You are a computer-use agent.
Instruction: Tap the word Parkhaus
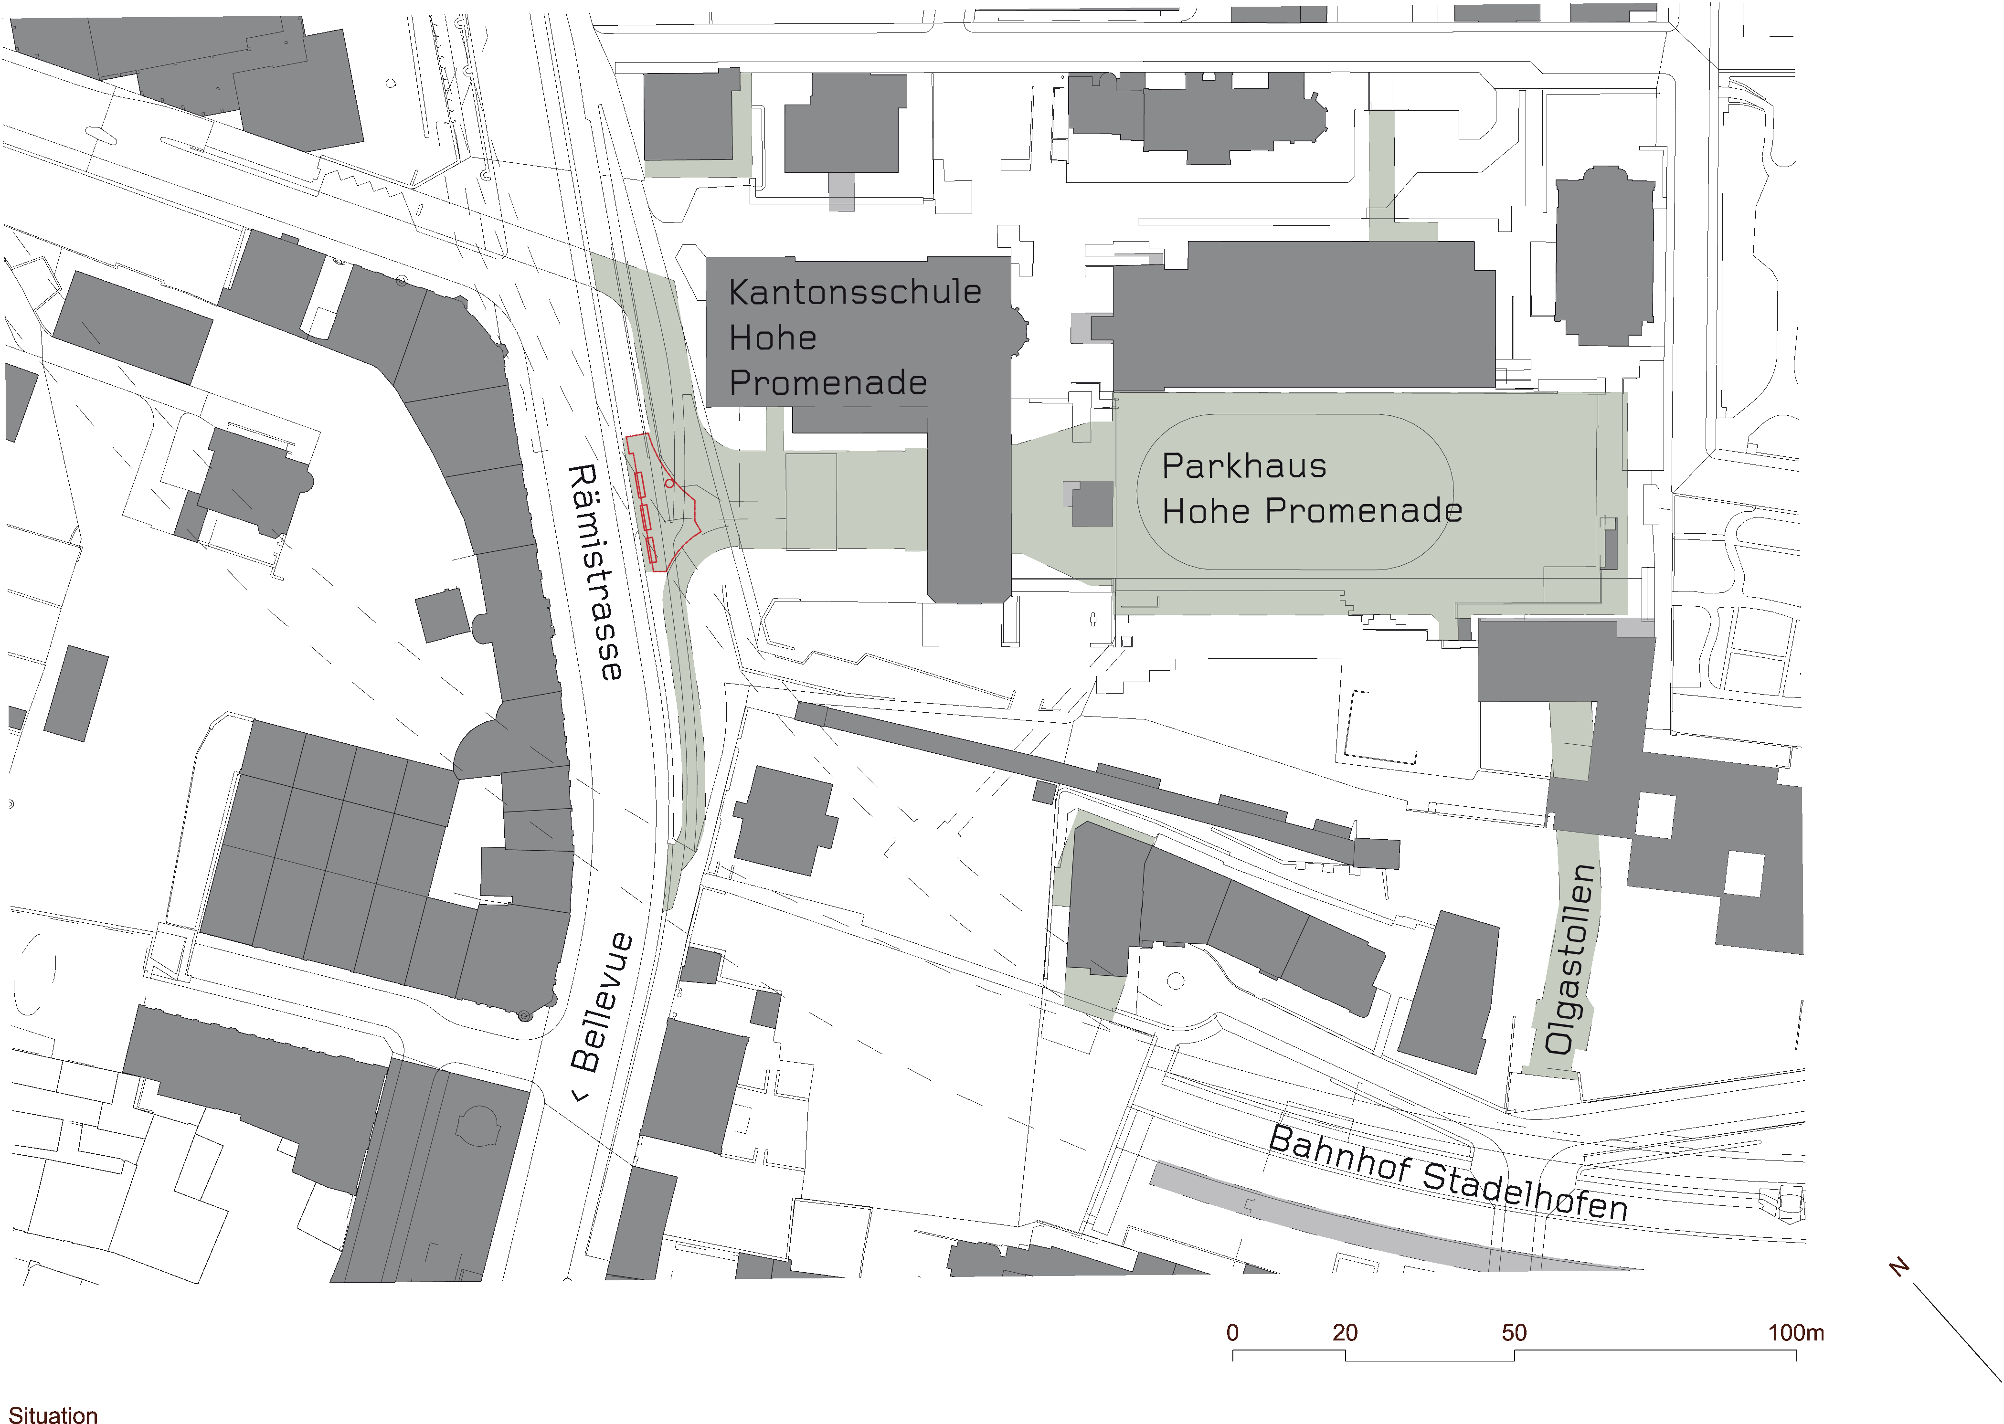pyautogui.click(x=1244, y=466)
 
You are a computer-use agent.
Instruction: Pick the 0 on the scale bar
pyautogui.click(x=1232, y=1333)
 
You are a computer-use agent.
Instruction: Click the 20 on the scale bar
pyautogui.click(x=1345, y=1333)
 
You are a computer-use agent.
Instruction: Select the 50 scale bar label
pyautogui.click(x=1514, y=1333)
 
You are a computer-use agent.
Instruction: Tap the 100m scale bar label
pyautogui.click(x=1795, y=1333)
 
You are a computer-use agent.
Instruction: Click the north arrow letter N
pyautogui.click(x=1899, y=1268)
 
